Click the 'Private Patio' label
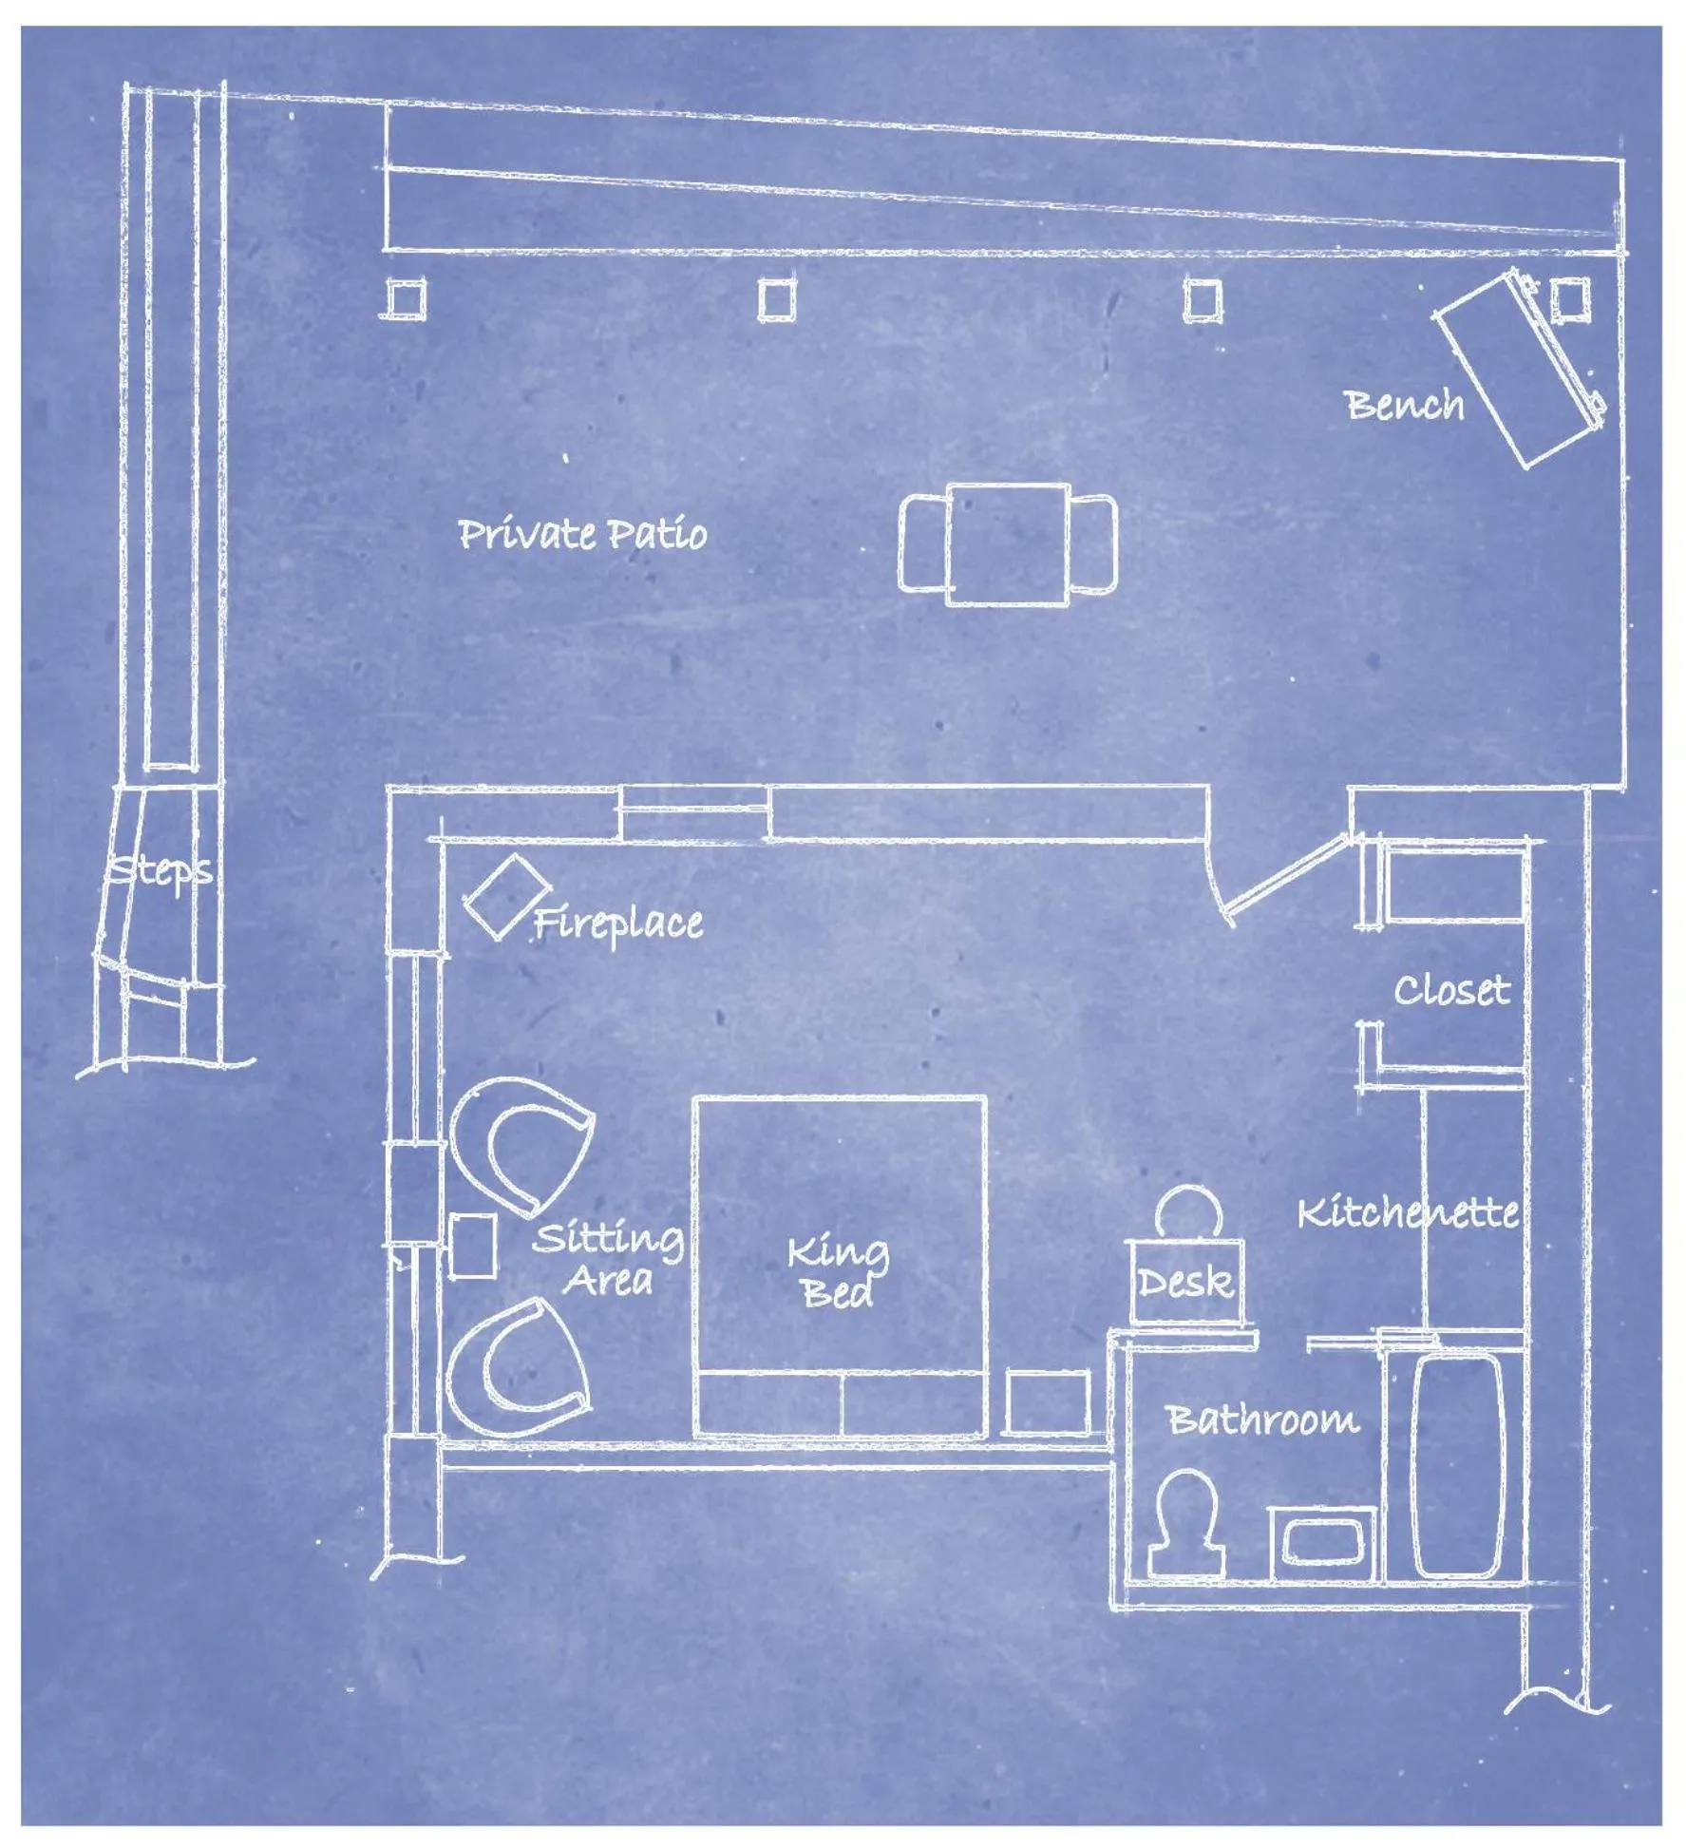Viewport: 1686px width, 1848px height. (x=582, y=534)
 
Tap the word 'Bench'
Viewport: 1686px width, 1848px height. (x=1405, y=405)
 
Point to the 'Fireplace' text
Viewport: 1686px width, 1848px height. (x=618, y=923)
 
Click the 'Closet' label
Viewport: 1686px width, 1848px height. (x=1450, y=991)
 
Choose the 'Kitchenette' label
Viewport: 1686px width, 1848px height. (x=1407, y=1213)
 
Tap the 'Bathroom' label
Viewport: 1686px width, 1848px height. (x=1262, y=1419)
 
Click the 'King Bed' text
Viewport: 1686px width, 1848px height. (x=838, y=1273)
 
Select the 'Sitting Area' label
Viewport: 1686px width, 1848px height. (x=608, y=1260)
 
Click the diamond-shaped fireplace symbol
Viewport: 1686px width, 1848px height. (x=504, y=896)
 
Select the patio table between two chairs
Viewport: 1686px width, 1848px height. (x=1008, y=543)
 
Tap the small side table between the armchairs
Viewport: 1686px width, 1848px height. (x=472, y=1246)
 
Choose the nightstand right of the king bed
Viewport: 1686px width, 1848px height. (x=1048, y=1401)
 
